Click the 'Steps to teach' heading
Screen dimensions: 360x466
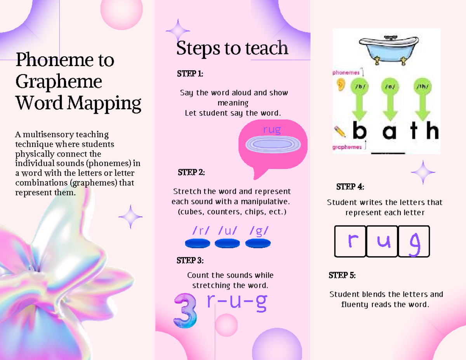[x=232, y=49]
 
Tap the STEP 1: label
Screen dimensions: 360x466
[x=190, y=74]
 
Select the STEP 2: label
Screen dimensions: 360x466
[x=191, y=172]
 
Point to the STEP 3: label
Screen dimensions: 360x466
[x=190, y=260]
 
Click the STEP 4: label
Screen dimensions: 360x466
[x=350, y=187]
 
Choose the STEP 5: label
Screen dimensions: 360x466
[x=342, y=275]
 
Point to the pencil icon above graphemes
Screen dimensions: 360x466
[x=340, y=131]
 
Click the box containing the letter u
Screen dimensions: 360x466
[x=382, y=242]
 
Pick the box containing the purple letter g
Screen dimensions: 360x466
[x=414, y=242]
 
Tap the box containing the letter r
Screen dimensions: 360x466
[x=350, y=242]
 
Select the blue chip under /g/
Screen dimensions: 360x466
[x=258, y=243]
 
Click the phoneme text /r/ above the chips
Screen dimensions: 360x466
[x=200, y=231]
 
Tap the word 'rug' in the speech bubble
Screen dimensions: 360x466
[x=271, y=130]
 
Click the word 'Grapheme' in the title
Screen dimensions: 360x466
[x=59, y=82]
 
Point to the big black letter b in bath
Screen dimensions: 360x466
[x=360, y=131]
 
